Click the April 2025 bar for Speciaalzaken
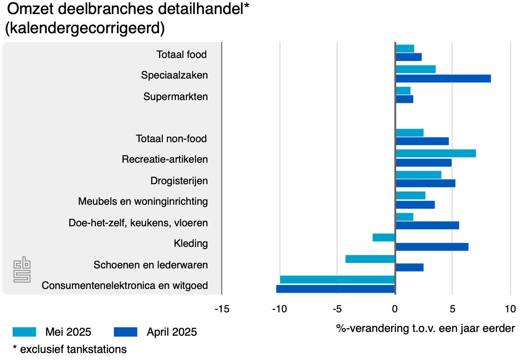tap(443, 79)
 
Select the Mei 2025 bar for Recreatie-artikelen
tap(436, 153)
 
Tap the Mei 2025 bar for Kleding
tap(384, 238)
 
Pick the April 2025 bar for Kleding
tap(432, 247)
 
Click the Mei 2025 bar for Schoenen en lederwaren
tap(370, 259)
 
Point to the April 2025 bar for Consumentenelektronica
tap(336, 289)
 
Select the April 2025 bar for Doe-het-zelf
tap(427, 225)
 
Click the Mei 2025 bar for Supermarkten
tap(403, 91)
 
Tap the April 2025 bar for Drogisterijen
tap(425, 183)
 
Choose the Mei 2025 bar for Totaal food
tap(405, 49)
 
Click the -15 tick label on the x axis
tap(222, 309)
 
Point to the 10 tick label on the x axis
tap(509, 309)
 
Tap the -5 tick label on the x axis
tap(337, 309)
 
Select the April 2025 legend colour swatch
tap(125, 332)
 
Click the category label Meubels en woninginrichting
tap(143, 202)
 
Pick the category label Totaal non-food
tap(171, 139)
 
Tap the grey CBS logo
tap(22, 270)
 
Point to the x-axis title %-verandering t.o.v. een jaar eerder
tap(425, 328)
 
